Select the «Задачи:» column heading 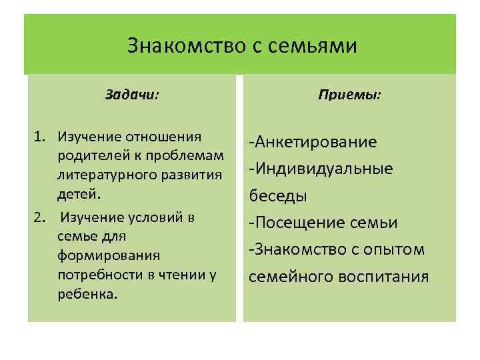132,95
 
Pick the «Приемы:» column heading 349,95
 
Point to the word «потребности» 95,275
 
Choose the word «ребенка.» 87,295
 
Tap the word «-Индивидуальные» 320,169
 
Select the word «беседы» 278,196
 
